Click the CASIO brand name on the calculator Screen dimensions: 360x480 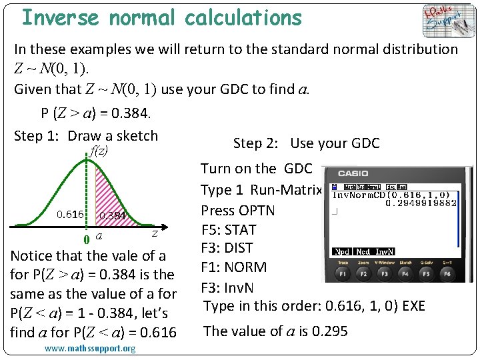click(x=353, y=173)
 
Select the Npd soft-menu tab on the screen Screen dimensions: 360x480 click(x=342, y=252)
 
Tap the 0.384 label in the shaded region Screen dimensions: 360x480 click(x=113, y=216)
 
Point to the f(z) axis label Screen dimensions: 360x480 click(x=99, y=151)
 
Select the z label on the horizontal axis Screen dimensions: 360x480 click(x=155, y=233)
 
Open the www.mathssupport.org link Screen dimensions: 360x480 click(x=90, y=349)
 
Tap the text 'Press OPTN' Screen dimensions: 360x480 click(x=238, y=210)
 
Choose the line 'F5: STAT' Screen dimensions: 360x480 click(x=230, y=230)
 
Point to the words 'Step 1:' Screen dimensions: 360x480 click(x=39, y=136)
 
